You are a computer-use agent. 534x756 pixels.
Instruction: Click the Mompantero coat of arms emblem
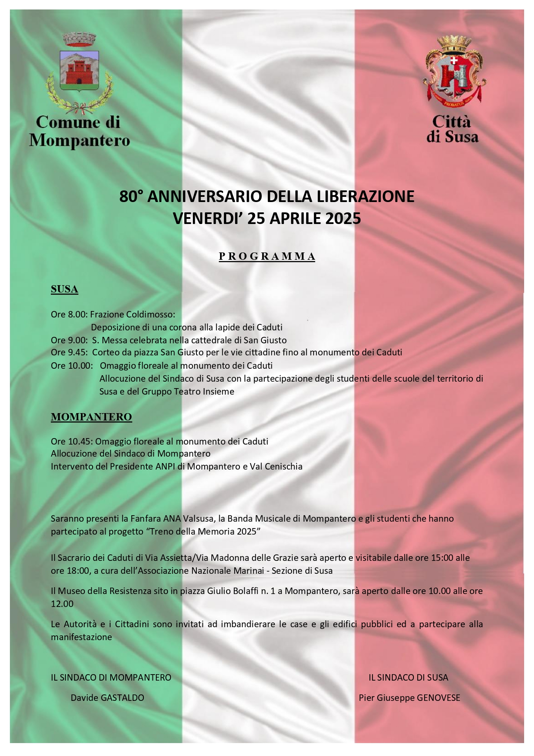[79, 71]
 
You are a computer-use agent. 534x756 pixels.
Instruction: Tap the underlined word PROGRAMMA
[267, 256]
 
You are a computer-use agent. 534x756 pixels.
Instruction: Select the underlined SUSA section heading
[64, 289]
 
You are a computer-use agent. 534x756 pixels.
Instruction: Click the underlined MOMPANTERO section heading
[91, 417]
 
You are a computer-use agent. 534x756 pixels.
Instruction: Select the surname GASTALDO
[122, 698]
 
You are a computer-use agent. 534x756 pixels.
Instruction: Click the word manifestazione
[81, 637]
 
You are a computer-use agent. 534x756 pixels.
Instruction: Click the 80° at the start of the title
[131, 196]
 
